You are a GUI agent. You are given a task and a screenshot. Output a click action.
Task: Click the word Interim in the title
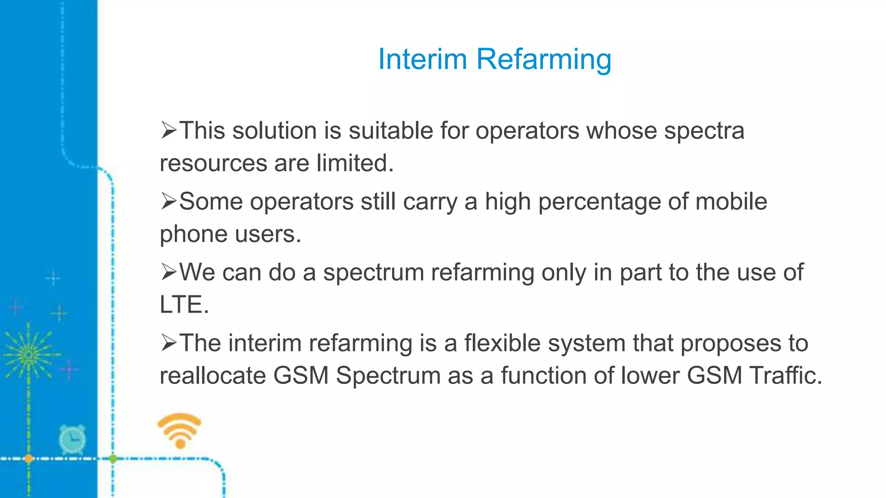[422, 59]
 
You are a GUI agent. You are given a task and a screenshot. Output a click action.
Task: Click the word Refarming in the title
[544, 60]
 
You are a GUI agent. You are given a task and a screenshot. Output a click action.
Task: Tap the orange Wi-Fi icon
[180, 430]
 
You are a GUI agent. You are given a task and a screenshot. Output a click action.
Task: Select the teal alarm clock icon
[72, 439]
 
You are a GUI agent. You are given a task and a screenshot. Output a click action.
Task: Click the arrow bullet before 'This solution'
[169, 130]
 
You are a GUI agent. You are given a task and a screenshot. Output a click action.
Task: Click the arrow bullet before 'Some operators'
[169, 201]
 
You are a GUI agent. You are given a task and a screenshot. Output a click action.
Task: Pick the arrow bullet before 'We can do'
[169, 272]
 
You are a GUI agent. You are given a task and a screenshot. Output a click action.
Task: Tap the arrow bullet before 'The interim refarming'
[169, 343]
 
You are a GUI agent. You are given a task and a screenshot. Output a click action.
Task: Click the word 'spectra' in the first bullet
[704, 131]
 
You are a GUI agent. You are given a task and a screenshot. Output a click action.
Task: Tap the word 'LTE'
[181, 304]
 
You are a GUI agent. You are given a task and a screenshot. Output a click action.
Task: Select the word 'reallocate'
[212, 375]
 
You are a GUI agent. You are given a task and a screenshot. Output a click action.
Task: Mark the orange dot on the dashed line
[29, 458]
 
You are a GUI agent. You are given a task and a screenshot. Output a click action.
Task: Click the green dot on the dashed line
[113, 458]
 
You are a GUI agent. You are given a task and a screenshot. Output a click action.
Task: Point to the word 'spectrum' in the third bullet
[373, 273]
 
